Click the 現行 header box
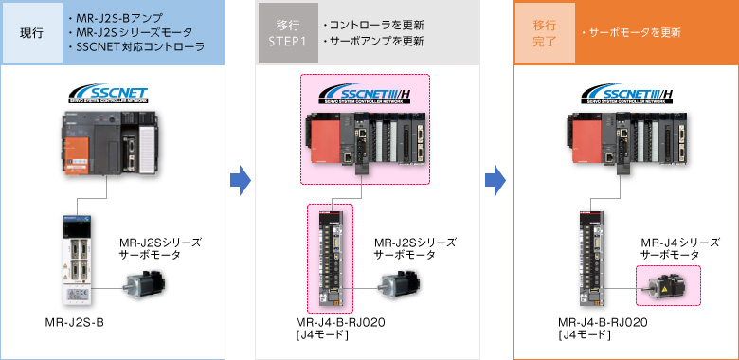point(32,32)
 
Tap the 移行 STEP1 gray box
point(288,32)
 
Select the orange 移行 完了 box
point(544,32)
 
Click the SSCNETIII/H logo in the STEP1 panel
point(366,96)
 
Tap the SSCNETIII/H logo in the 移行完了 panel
point(622,96)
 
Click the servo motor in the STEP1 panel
point(399,282)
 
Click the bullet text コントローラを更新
point(372,23)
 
